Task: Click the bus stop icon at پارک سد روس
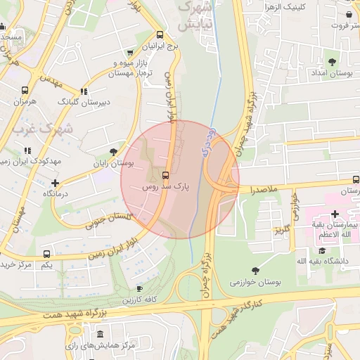[x=166, y=175]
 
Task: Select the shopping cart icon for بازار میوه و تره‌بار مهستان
[x=129, y=53]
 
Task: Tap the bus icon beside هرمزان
[x=25, y=91]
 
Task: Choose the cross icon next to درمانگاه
[x=55, y=183]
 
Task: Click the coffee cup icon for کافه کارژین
[x=139, y=288]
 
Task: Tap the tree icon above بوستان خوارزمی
[x=255, y=270]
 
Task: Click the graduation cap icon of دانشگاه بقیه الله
[x=321, y=250]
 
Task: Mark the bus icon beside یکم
[x=46, y=254]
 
